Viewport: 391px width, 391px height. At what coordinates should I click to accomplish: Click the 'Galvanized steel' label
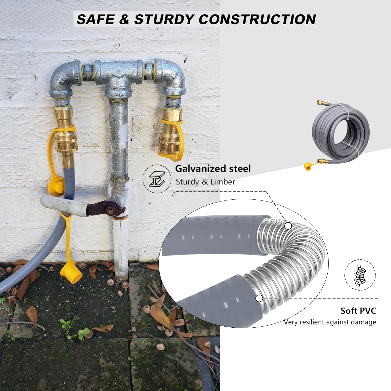tap(213, 169)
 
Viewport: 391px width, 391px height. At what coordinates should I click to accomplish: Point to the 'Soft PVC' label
tap(358, 311)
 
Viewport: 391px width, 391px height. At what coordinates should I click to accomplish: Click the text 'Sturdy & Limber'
tap(205, 182)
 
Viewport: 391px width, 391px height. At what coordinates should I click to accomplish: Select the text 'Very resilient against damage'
tap(330, 322)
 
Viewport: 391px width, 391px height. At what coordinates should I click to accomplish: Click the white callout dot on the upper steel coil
tap(288, 226)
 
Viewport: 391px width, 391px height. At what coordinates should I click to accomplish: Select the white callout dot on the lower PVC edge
tap(259, 298)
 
